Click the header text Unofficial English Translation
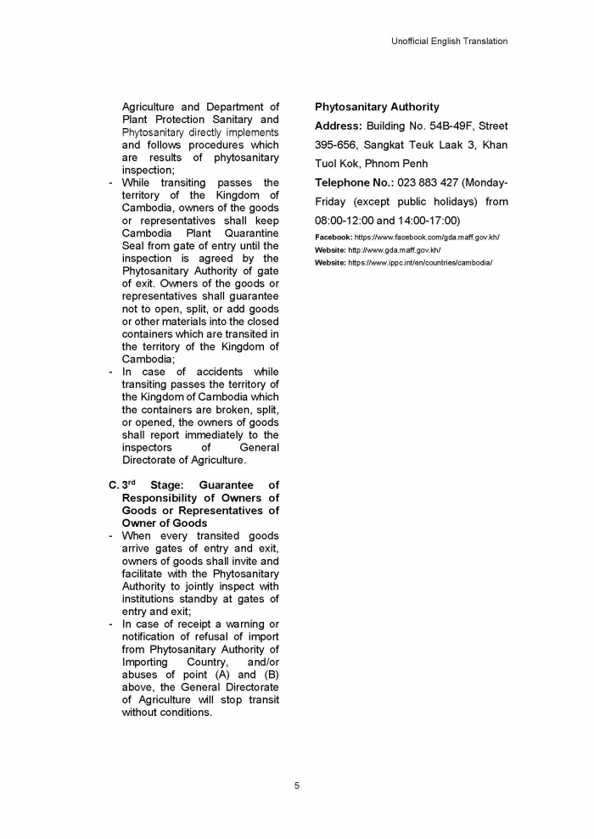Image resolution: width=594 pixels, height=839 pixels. [x=450, y=41]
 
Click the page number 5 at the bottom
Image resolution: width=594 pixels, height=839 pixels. [x=297, y=786]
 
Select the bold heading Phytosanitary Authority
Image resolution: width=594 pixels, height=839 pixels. [x=377, y=107]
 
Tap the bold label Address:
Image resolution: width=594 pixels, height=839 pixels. [x=338, y=126]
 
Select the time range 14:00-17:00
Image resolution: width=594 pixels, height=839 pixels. [x=429, y=220]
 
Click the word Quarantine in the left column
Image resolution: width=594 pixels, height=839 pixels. [x=249, y=232]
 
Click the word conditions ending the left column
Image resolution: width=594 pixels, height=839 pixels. [x=182, y=713]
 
